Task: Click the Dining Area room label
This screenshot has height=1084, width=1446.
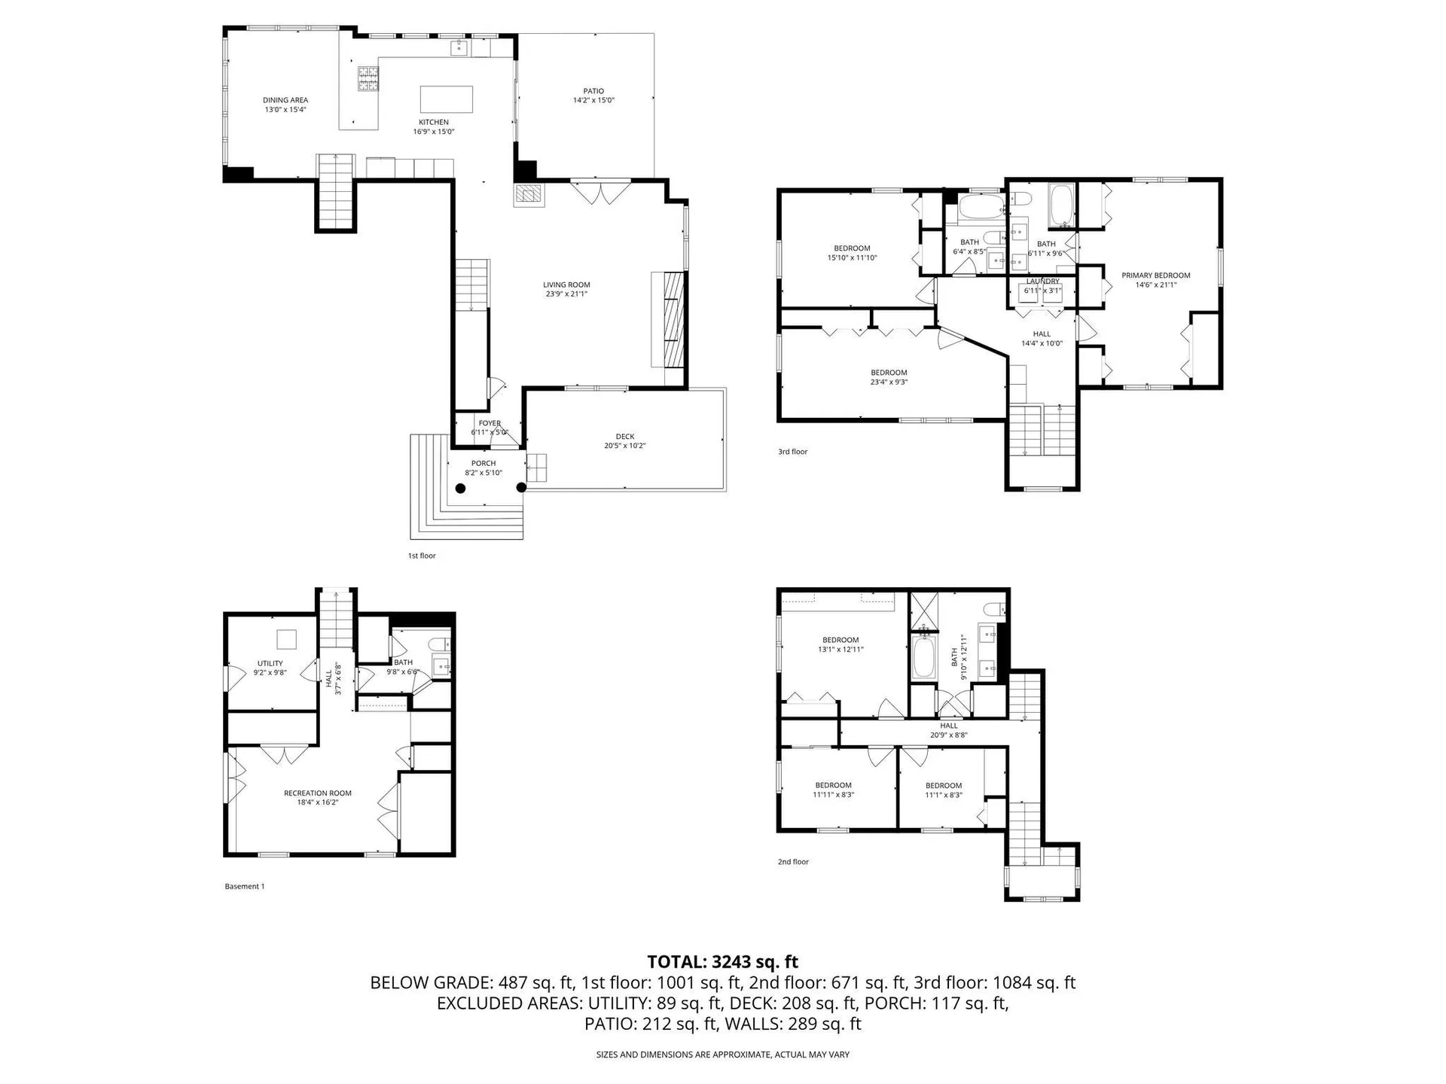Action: [x=285, y=100]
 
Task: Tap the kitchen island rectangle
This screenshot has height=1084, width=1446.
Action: [x=447, y=99]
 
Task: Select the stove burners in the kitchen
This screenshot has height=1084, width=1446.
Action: [x=368, y=79]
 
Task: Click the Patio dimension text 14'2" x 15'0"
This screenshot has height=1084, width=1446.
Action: [x=593, y=101]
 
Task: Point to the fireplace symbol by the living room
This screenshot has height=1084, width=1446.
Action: [x=528, y=194]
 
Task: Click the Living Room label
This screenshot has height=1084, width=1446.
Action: [x=566, y=285]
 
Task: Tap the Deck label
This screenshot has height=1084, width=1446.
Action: [x=624, y=437]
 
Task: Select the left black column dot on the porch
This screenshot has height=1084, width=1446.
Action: [x=460, y=488]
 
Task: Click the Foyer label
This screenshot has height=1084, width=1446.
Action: [x=490, y=424]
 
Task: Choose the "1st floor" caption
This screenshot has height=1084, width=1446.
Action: [x=422, y=556]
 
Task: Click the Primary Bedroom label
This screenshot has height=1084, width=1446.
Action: [x=1155, y=276]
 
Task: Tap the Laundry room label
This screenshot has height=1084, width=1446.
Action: [x=1042, y=282]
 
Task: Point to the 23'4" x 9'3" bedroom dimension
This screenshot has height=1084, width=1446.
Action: [x=889, y=382]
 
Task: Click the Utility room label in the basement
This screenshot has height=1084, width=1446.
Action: [x=270, y=663]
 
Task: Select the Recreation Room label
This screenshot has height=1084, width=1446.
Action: [x=317, y=793]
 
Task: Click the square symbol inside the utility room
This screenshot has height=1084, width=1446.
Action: [x=286, y=639]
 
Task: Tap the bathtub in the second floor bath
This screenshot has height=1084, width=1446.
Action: [x=923, y=658]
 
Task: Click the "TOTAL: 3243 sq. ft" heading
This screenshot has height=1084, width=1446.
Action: [x=722, y=962]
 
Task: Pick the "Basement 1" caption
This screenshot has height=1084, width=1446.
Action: [x=244, y=886]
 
